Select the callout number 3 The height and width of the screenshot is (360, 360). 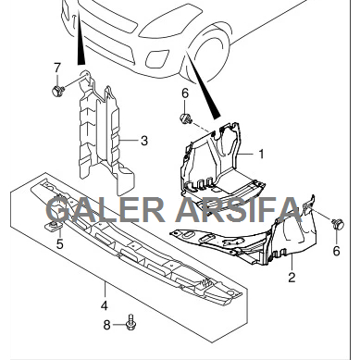click(144, 141)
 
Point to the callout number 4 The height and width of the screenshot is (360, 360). click(105, 305)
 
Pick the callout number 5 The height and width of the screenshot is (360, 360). click(58, 244)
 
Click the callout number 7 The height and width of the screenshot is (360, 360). click(56, 68)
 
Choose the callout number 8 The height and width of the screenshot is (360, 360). click(106, 324)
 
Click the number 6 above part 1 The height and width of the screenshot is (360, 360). click(184, 93)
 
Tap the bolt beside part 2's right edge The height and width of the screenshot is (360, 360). click(335, 223)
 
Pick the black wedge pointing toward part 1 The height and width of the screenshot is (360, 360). click(204, 93)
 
